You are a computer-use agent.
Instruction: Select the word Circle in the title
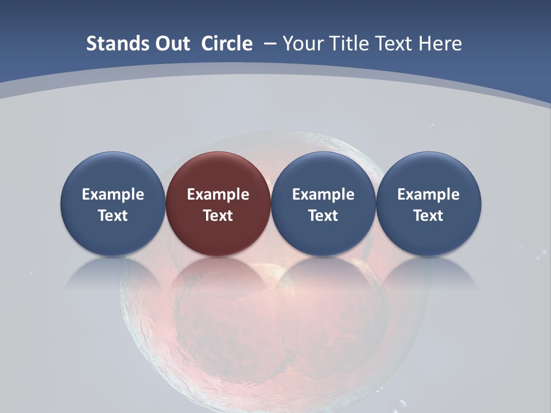click(227, 44)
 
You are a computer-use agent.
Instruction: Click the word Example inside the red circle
click(218, 194)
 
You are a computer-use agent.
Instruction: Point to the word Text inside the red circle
click(218, 216)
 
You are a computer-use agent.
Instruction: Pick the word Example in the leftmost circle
click(113, 194)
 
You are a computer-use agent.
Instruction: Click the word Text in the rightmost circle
click(429, 216)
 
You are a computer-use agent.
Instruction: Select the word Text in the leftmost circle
click(113, 216)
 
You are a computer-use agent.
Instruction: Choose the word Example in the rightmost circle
click(429, 194)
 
